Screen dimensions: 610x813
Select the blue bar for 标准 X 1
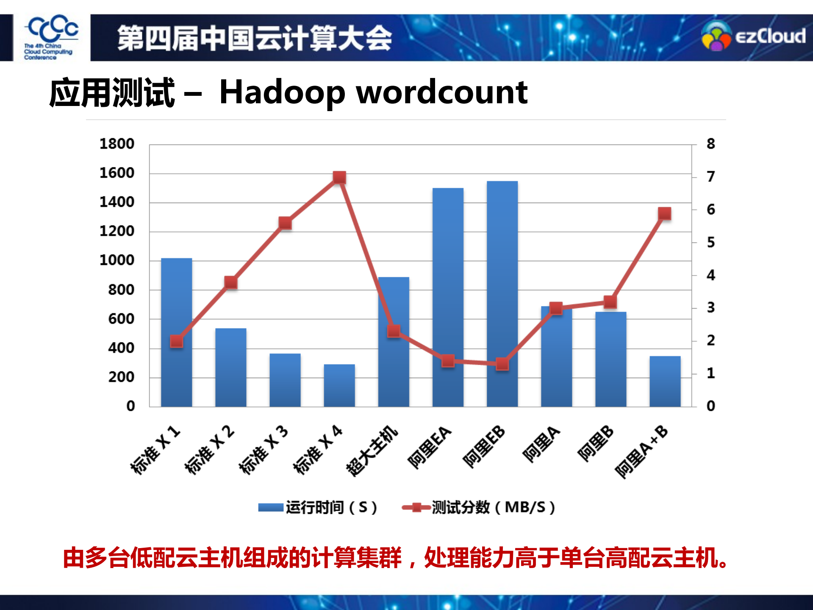tap(176, 373)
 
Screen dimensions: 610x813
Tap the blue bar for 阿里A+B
tap(665, 382)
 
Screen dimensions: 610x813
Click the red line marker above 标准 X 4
tap(339, 177)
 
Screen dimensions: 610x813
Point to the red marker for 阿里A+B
tap(665, 214)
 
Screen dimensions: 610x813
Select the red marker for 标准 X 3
tap(285, 223)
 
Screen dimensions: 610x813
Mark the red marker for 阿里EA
tap(448, 361)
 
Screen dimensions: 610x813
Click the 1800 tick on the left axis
tap(117, 144)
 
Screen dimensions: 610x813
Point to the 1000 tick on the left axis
tap(117, 260)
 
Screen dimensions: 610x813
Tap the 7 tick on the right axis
tap(710, 176)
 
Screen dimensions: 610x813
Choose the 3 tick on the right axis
tap(710, 308)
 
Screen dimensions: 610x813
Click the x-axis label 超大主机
tap(372, 451)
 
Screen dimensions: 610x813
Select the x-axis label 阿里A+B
tap(641, 451)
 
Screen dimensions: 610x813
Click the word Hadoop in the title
tap(282, 92)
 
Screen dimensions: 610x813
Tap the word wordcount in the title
tap(442, 92)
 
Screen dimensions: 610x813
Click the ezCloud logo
tap(753, 37)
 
